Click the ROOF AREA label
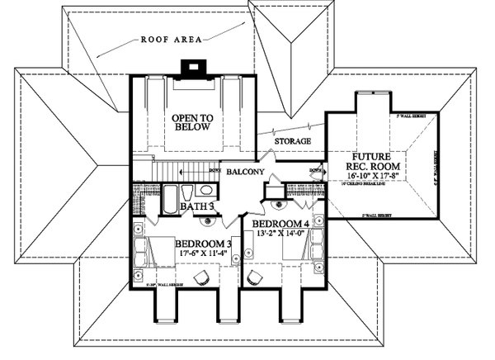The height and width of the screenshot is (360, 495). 172,38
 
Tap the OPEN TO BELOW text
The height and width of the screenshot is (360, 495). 192,124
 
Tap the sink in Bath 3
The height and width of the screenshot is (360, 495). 207,220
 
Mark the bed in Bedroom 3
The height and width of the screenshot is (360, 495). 157,253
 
